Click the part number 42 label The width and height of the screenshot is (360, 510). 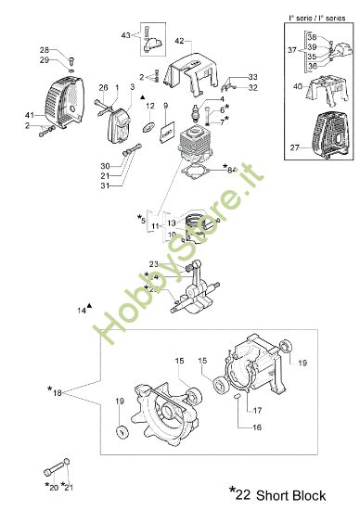click(180, 41)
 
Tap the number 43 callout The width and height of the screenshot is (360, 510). click(126, 34)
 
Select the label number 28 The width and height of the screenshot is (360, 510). click(44, 49)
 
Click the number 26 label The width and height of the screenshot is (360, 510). click(104, 87)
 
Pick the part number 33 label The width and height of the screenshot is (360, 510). click(252, 76)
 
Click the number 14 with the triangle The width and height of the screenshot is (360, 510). click(82, 310)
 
